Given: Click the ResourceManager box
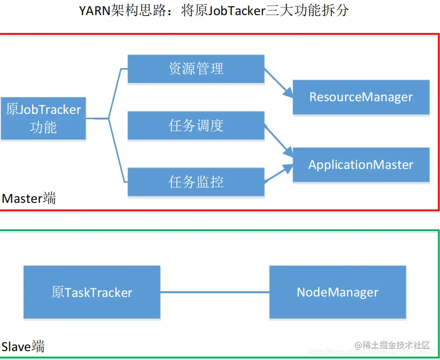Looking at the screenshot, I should (x=361, y=97).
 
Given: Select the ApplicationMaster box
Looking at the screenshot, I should (x=361, y=165).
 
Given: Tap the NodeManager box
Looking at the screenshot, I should (x=337, y=292).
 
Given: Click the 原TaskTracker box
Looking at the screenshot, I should (x=92, y=292).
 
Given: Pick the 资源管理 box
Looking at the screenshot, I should (x=196, y=69).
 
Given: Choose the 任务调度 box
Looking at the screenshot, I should (x=196, y=126).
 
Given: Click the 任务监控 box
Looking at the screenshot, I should (x=196, y=182).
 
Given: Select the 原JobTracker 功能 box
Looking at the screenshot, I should (x=43, y=119).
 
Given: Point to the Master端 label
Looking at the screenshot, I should (x=29, y=199).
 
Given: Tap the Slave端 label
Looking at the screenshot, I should (x=23, y=347).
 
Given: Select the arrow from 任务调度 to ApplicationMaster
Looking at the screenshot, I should (x=278, y=140).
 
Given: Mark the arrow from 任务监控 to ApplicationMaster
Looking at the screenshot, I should (x=278, y=175).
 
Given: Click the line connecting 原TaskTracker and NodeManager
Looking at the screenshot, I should (x=215, y=292).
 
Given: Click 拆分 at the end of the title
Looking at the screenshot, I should (x=337, y=11).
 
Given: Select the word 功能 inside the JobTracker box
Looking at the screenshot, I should (x=43, y=128).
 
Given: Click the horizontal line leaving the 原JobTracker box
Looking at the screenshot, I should (x=97, y=119).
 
